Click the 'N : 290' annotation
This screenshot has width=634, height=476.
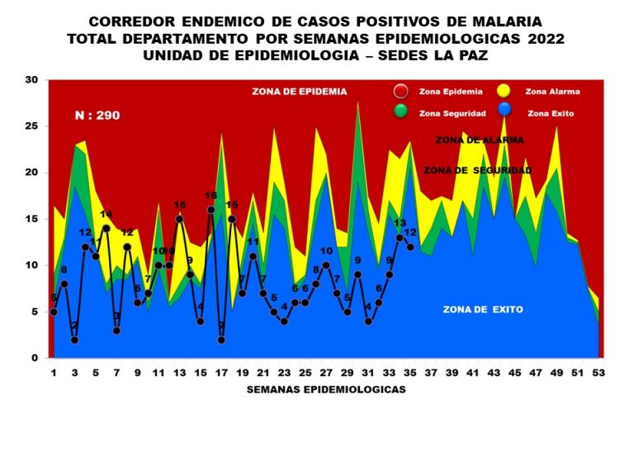[x=97, y=116]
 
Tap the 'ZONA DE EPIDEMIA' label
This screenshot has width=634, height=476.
[x=300, y=92]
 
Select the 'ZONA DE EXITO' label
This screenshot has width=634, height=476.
[x=483, y=310]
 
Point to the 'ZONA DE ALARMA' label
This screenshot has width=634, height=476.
[x=480, y=140]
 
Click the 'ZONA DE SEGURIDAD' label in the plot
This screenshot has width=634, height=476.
[x=476, y=170]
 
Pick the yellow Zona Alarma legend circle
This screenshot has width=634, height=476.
[x=504, y=93]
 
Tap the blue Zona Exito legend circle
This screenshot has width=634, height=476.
[x=504, y=112]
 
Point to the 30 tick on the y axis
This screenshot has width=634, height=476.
[x=32, y=80]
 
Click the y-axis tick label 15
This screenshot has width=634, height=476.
[x=32, y=219]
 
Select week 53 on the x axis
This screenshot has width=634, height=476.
[x=599, y=373]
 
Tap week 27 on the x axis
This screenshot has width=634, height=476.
[x=326, y=373]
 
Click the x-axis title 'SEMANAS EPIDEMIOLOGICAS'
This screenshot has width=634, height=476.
[x=326, y=389]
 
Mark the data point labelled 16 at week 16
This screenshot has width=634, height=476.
[x=211, y=210]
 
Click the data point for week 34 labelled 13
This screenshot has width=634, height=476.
[x=400, y=238]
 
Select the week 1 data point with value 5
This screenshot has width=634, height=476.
[x=54, y=312]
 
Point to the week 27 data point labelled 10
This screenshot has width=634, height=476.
[x=326, y=265]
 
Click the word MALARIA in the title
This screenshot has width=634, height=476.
[x=514, y=21]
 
